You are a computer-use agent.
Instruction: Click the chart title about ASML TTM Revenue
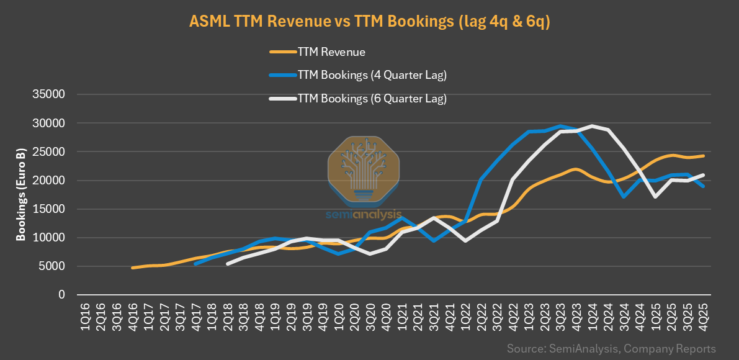[x=370, y=21]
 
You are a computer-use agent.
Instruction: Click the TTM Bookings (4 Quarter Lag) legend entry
[x=372, y=75]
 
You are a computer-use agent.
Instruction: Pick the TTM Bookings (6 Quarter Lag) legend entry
[x=372, y=98]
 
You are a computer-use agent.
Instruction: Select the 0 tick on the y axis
[x=61, y=295]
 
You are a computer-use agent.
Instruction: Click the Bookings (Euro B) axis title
[x=20, y=194]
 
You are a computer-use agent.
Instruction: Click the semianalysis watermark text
[x=364, y=215]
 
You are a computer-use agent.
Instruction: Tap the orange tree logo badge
[x=364, y=169]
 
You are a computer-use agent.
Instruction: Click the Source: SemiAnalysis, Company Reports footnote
[x=611, y=348]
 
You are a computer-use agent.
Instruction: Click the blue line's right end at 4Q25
[x=704, y=186]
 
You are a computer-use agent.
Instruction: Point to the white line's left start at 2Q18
[x=228, y=264]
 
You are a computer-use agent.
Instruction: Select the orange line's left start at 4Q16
[x=133, y=268]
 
